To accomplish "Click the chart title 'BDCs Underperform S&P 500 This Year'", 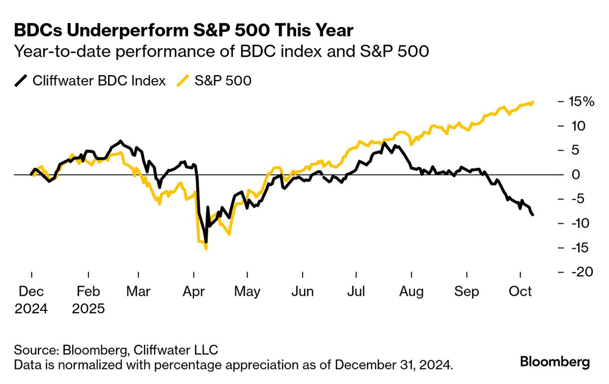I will tap(184, 31).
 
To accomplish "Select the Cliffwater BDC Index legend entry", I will tap(90, 81).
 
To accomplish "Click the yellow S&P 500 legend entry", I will tap(215, 81).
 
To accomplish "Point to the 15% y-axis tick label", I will tap(581, 102).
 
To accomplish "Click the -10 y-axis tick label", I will tap(580, 223).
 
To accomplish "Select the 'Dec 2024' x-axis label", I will tap(31, 300).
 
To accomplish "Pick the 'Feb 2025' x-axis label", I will tap(88, 300).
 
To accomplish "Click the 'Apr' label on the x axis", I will tap(194, 291).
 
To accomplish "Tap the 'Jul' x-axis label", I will tap(356, 291).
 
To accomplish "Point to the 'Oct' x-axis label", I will tap(520, 291).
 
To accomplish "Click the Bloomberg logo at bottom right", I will tap(555, 362).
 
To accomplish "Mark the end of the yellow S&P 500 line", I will tap(533, 102).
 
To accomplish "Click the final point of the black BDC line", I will tap(533, 215).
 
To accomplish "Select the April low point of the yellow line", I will tap(206, 248).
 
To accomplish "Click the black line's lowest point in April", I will tap(205, 242).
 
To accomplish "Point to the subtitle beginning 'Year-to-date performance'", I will tap(221, 51).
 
